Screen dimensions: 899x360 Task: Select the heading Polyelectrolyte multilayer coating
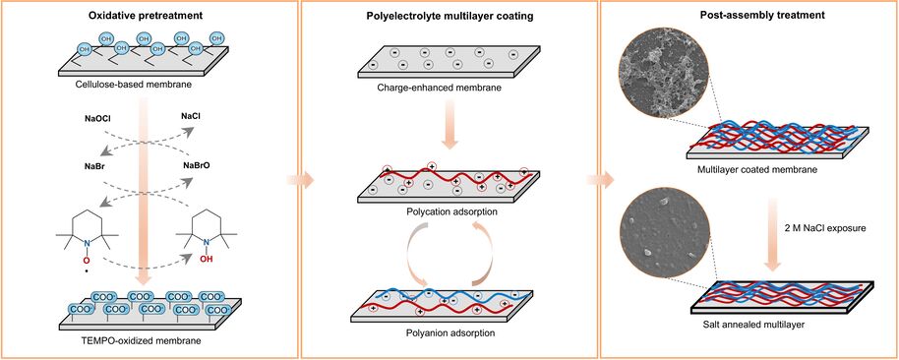pyautogui.click(x=450, y=16)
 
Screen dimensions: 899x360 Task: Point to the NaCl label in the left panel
pyautogui.click(x=191, y=117)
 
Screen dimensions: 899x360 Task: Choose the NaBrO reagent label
pyautogui.click(x=196, y=165)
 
